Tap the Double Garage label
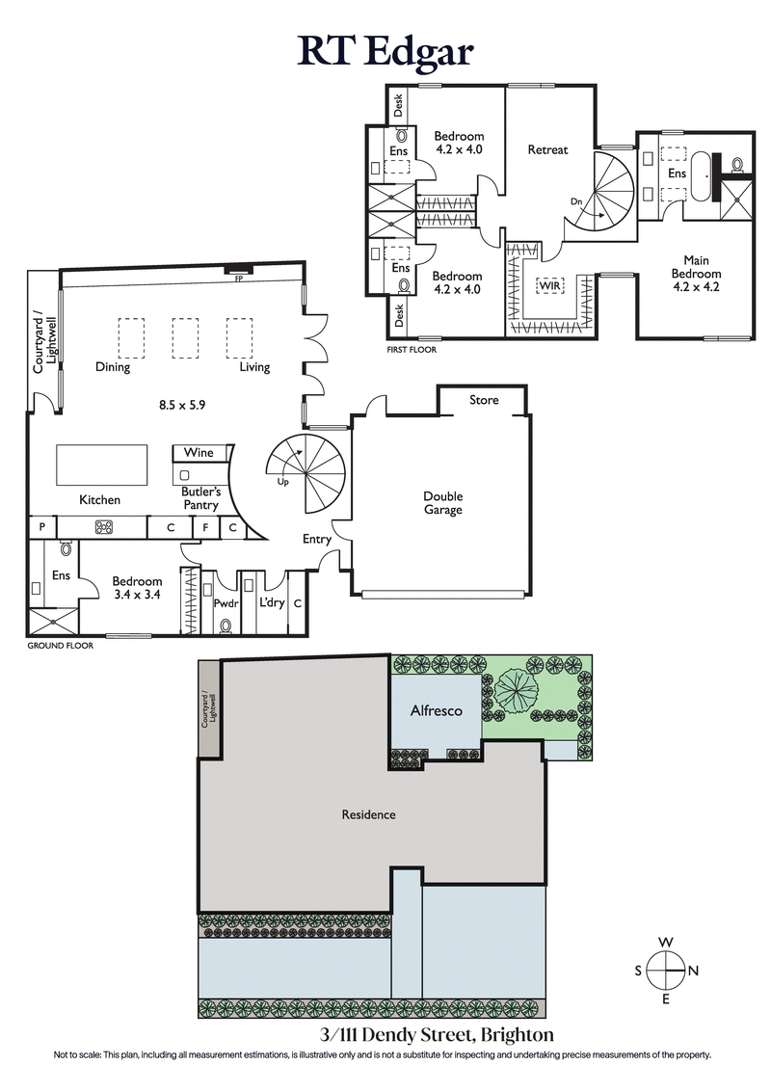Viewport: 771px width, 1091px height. click(442, 503)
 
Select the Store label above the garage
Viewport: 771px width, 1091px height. click(484, 400)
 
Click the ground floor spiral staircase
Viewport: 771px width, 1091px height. click(306, 473)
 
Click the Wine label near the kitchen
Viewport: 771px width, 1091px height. click(199, 453)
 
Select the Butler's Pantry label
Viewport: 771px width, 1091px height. click(202, 497)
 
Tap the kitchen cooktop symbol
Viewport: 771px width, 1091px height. click(103, 526)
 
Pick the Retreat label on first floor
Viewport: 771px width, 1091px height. click(547, 150)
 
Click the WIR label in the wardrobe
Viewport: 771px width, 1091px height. click(550, 285)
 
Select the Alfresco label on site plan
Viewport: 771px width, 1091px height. click(437, 710)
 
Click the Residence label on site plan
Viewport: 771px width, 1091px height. click(368, 814)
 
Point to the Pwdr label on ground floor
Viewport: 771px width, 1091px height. click(226, 603)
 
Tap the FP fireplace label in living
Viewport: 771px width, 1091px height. click(237, 279)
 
